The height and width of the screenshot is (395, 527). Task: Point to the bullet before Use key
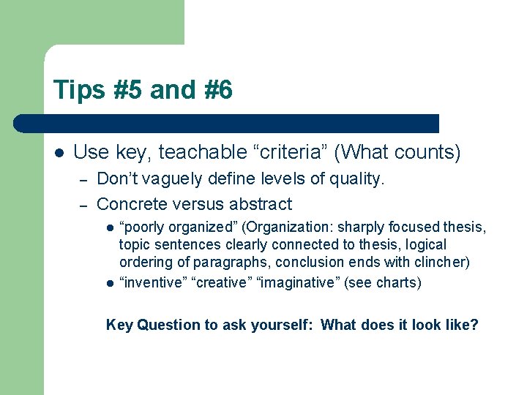click(x=59, y=153)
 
